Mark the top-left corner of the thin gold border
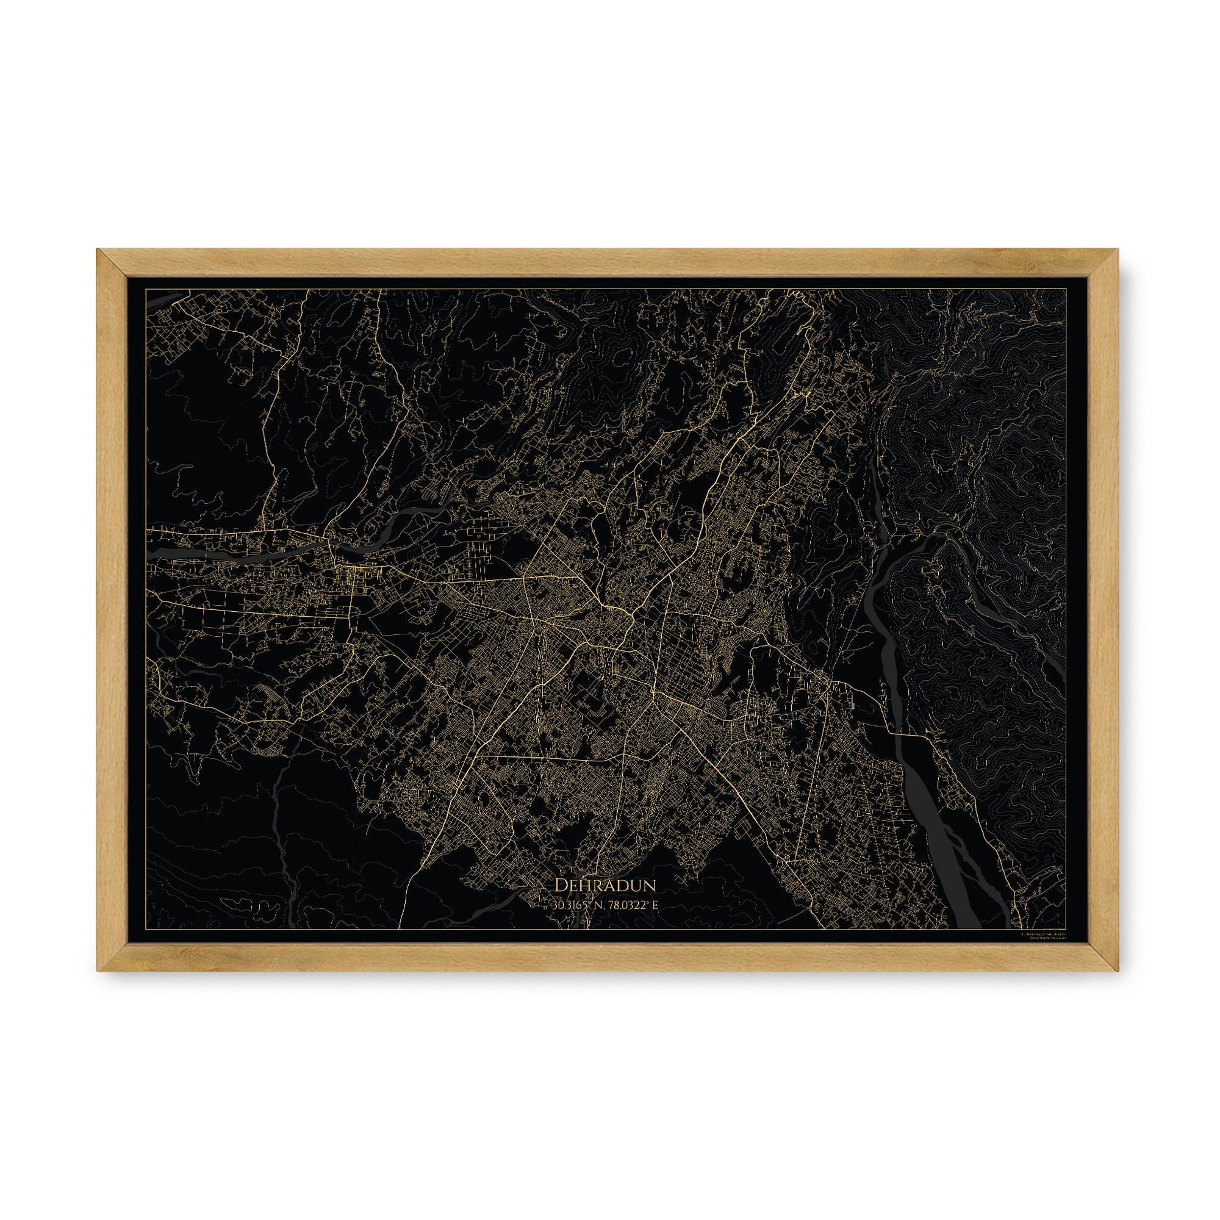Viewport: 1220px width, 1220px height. pyautogui.click(x=146, y=289)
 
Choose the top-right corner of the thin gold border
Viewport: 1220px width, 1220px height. pyautogui.click(x=1066, y=289)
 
